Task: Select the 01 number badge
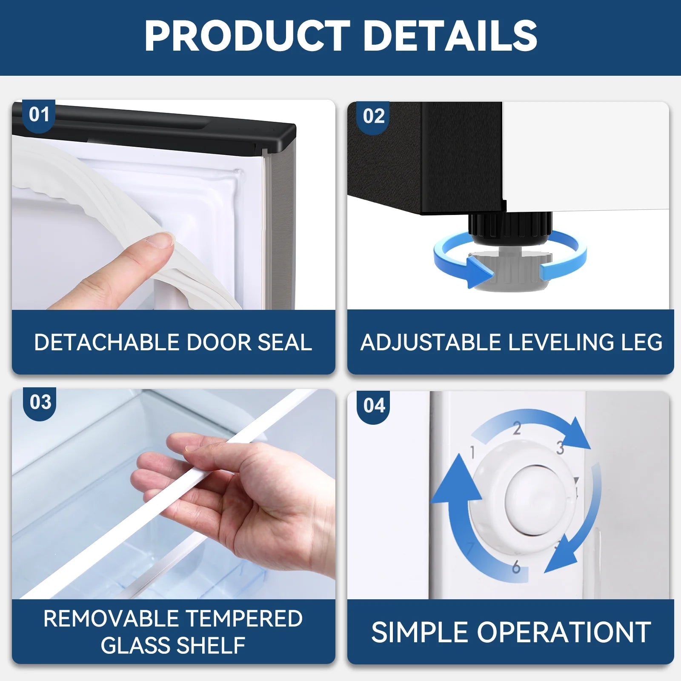click(x=39, y=115)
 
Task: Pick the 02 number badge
click(x=374, y=117)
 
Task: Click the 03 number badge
click(x=40, y=402)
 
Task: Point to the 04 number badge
click(x=374, y=406)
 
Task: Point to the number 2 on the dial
click(x=517, y=428)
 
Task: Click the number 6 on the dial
click(x=516, y=567)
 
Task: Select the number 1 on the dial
click(x=472, y=452)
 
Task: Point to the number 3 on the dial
click(x=561, y=447)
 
